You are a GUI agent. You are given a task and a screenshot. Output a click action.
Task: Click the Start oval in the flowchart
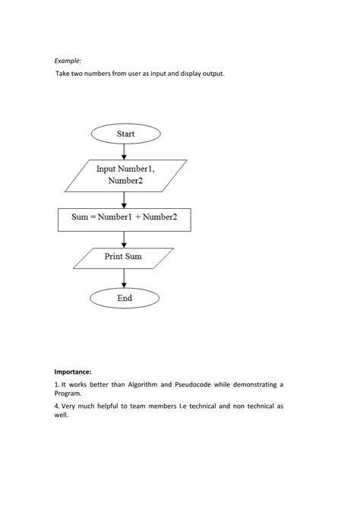[x=125, y=134]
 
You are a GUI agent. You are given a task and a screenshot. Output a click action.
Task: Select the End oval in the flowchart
[x=125, y=299]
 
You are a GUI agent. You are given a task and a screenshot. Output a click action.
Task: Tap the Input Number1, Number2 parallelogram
[x=125, y=175]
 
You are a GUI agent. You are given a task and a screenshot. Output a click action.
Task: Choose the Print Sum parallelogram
[x=124, y=258]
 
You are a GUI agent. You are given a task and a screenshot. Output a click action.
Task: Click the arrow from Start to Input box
[x=125, y=152]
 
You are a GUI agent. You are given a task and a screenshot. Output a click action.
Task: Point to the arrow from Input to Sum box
[x=125, y=199]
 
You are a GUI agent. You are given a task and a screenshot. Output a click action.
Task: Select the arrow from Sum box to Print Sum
[x=125, y=239]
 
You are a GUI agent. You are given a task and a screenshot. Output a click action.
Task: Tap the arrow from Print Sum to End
[x=125, y=277]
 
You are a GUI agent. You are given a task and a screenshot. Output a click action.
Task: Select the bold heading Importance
[x=73, y=371]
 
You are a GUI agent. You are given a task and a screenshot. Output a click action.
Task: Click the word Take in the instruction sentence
[x=65, y=74]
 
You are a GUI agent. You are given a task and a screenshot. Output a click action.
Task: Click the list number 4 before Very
[x=56, y=406]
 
